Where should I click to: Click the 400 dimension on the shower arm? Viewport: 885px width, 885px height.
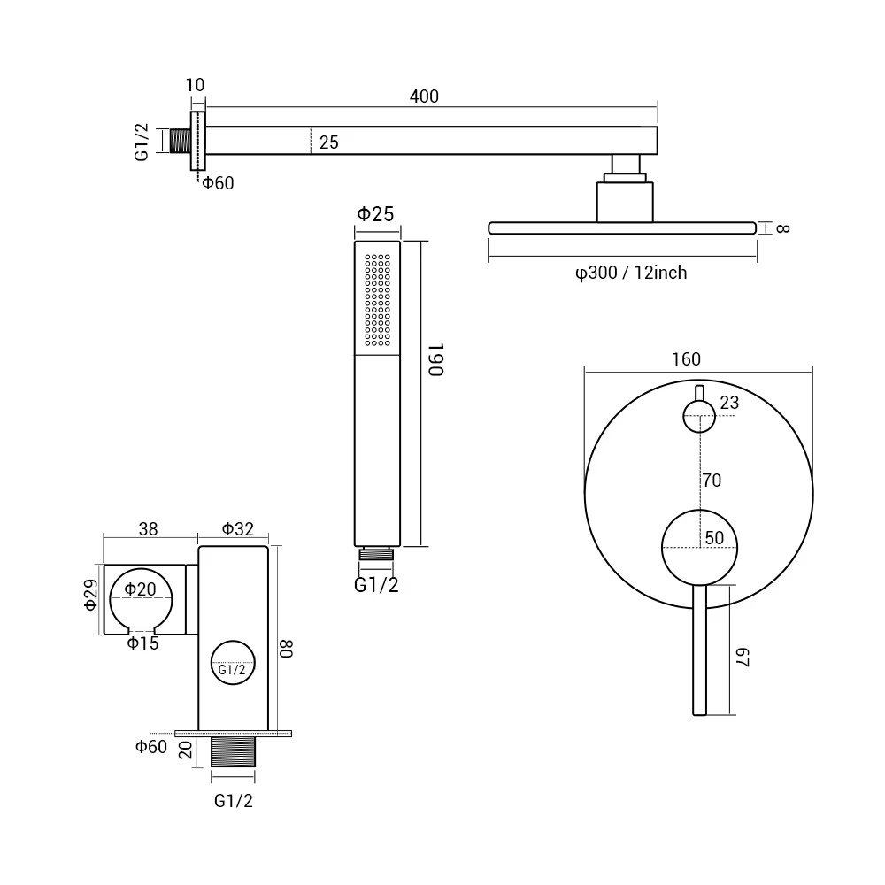tap(424, 96)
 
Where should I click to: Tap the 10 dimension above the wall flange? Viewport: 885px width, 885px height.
tap(195, 85)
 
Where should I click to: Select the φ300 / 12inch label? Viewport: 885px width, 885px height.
tap(631, 273)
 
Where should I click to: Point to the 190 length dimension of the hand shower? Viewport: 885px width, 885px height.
tap(436, 359)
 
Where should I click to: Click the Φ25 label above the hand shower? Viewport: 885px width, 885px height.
tap(376, 214)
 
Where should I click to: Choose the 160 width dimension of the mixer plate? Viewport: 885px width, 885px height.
tap(687, 359)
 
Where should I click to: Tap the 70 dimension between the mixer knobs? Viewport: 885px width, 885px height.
tap(712, 481)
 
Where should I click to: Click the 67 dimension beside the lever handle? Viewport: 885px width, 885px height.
tap(743, 658)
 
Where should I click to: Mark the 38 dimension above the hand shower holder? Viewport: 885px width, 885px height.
tap(148, 529)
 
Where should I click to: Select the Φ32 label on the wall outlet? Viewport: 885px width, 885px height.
tap(237, 529)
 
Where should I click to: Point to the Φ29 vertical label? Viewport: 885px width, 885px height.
tap(91, 596)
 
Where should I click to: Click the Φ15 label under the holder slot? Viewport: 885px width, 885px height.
tap(142, 643)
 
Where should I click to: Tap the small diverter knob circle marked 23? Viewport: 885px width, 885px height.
tap(699, 416)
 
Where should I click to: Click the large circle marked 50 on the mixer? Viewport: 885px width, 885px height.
tap(699, 547)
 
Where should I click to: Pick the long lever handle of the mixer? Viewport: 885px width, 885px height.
tap(699, 650)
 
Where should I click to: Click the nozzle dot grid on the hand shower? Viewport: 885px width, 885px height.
tap(378, 300)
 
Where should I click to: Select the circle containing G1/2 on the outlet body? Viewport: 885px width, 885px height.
tap(233, 663)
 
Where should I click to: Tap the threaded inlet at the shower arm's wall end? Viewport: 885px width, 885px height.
tap(180, 141)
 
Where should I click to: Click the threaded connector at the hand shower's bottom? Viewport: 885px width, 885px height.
tap(376, 553)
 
